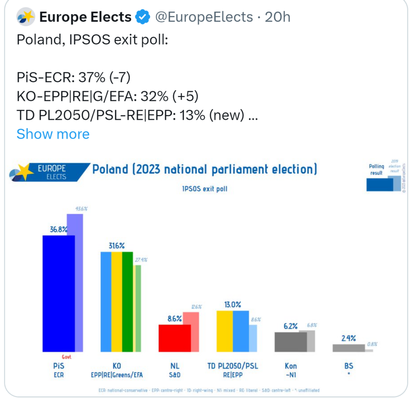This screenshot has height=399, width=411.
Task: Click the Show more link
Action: pyautogui.click(x=53, y=134)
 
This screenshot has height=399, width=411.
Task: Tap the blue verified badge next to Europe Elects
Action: pyautogui.click(x=142, y=17)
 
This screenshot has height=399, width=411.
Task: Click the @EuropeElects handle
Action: pyautogui.click(x=204, y=17)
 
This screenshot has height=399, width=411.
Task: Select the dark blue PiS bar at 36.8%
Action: pyautogui.click(x=59, y=293)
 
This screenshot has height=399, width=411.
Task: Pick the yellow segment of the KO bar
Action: pyautogui.click(x=116, y=301)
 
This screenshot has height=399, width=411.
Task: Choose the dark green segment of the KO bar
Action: pyautogui.click(x=127, y=301)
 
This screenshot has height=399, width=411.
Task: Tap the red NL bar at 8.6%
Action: pyautogui.click(x=175, y=338)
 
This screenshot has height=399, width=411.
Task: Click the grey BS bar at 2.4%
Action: pyautogui.click(x=348, y=348)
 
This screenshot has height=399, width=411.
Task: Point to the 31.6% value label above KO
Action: pyautogui.click(x=116, y=246)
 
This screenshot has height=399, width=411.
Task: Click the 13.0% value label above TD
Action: pyautogui.click(x=233, y=305)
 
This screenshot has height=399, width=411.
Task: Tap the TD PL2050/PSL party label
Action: pyautogui.click(x=233, y=366)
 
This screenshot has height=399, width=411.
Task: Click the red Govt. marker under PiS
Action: pyautogui.click(x=67, y=356)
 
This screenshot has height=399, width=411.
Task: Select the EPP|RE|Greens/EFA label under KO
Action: pyautogui.click(x=117, y=375)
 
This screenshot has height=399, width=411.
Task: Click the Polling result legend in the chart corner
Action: pyautogui.click(x=376, y=170)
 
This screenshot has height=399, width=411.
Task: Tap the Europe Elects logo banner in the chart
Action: pyautogui.click(x=48, y=172)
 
